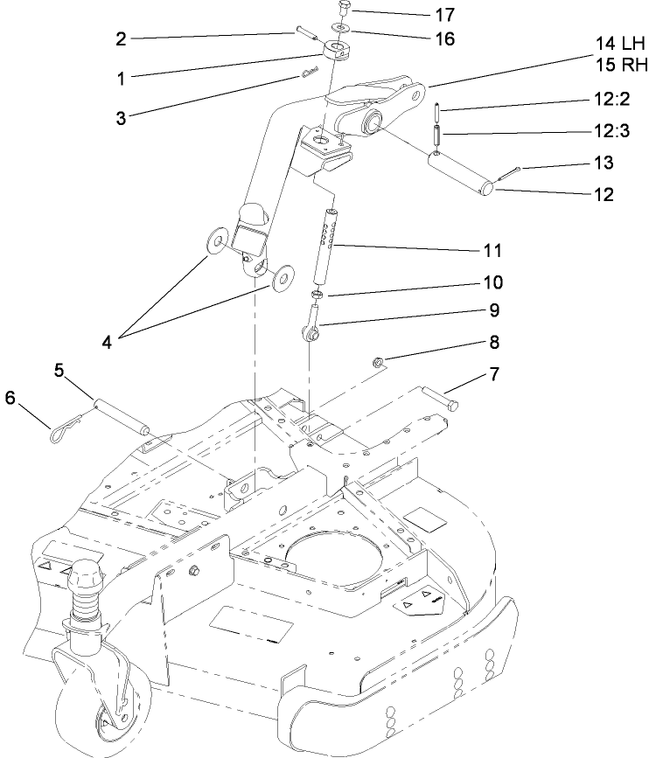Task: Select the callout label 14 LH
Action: click(x=620, y=42)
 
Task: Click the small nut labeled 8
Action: click(x=379, y=359)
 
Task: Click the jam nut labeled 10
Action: click(x=320, y=296)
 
